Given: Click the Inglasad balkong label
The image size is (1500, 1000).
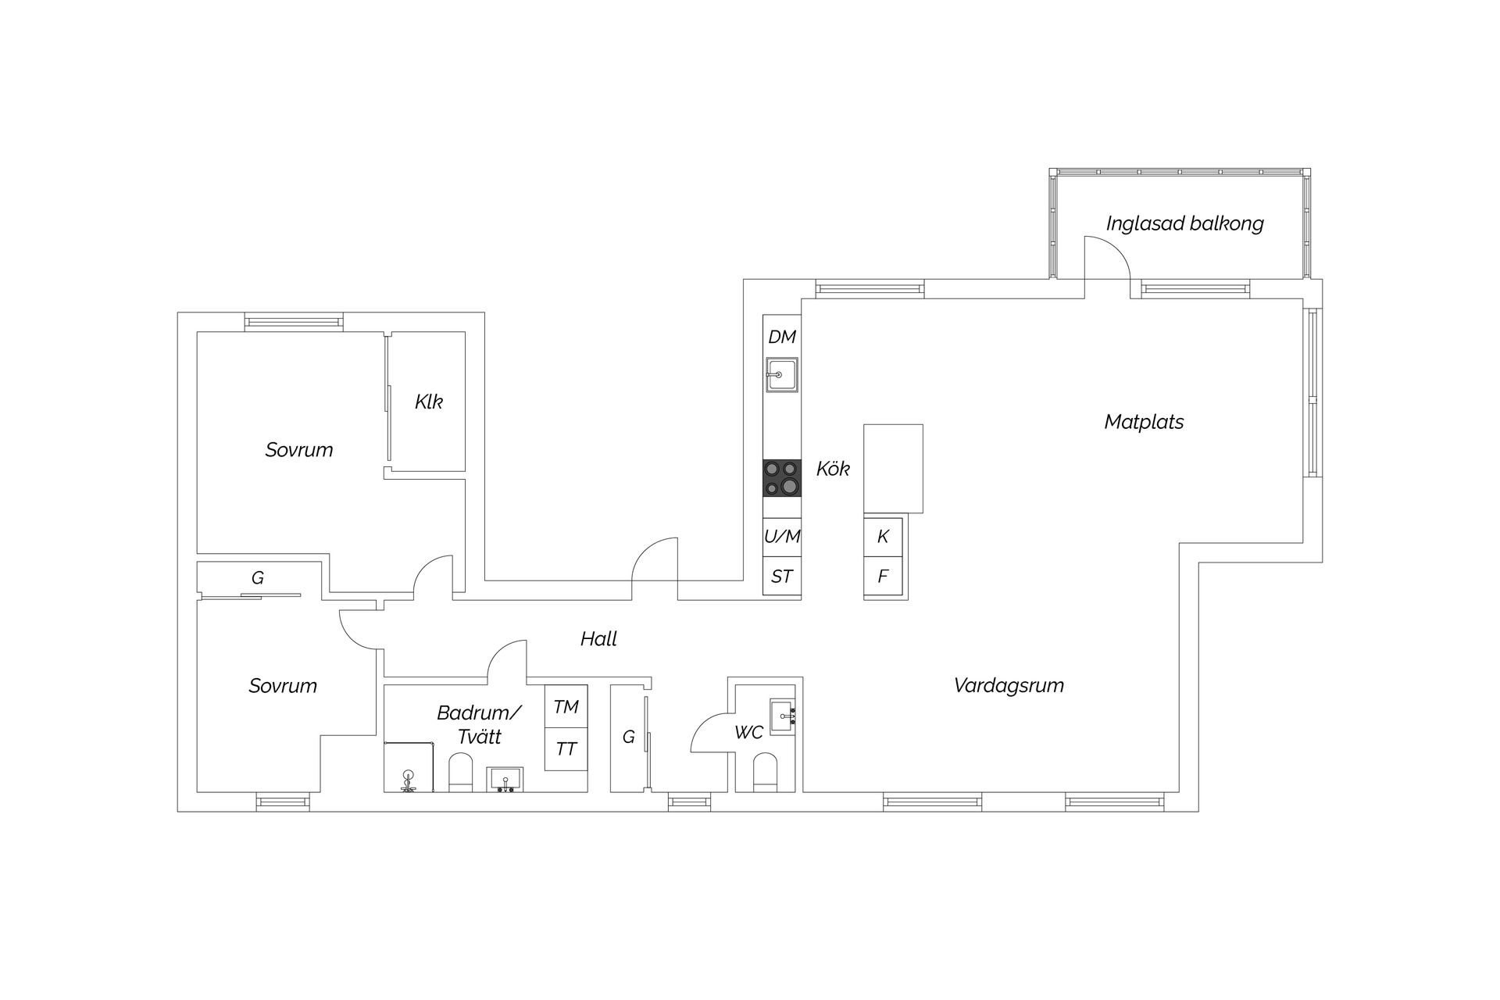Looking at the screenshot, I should click(1184, 223).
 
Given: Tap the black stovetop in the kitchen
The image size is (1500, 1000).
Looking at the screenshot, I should click(781, 478).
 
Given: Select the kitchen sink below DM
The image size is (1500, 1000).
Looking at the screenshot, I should click(781, 375).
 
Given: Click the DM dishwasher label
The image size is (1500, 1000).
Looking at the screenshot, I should click(781, 337).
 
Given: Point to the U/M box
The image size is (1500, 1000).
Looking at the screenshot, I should click(782, 537).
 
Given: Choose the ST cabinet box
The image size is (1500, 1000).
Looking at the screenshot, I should click(782, 577).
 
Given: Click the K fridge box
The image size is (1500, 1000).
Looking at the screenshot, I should click(883, 537).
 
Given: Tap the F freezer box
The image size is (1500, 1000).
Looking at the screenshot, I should click(883, 577).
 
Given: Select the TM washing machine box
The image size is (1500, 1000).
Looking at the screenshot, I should click(566, 707).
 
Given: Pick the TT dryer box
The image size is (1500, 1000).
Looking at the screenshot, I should click(566, 749).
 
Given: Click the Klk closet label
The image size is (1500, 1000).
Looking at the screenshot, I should click(428, 402).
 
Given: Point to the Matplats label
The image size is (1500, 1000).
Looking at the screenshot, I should click(1144, 422).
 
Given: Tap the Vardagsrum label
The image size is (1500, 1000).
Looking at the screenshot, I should click(1009, 686).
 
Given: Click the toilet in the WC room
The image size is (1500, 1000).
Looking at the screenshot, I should click(764, 772).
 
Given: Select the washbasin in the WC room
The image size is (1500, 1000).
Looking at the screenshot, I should click(782, 716).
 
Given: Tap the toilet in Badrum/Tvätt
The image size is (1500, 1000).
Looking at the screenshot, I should click(460, 773).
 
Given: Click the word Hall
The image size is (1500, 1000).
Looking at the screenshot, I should click(598, 639).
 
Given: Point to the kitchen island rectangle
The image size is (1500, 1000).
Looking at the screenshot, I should click(893, 468).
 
